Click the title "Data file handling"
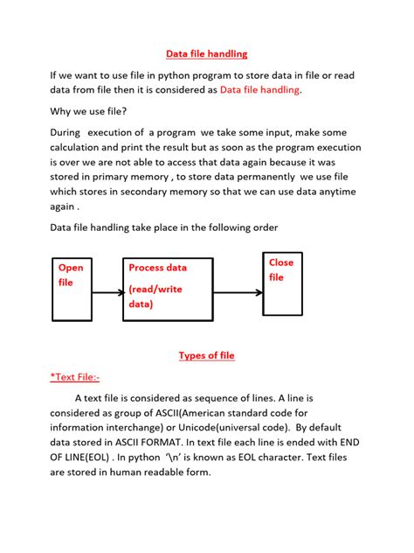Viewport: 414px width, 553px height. (x=207, y=54)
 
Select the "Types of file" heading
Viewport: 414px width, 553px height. (x=206, y=355)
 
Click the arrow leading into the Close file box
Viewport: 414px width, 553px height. (x=246, y=293)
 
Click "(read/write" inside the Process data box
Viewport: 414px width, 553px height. (x=155, y=289)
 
